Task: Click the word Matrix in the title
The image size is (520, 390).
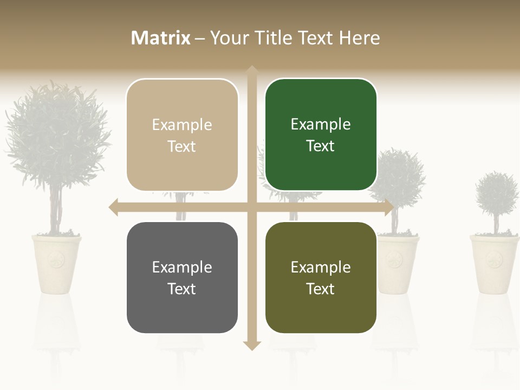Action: [x=160, y=38]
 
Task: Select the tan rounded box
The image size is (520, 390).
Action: [x=182, y=135]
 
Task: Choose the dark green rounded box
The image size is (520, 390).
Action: [x=321, y=135]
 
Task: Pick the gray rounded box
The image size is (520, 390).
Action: [x=182, y=277]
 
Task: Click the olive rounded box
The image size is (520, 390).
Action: [x=321, y=277]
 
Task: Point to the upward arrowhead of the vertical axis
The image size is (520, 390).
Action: [x=252, y=70]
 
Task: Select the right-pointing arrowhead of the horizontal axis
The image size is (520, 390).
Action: [x=389, y=207]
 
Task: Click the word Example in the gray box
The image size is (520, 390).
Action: [x=182, y=267]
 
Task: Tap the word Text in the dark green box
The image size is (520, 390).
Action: [x=321, y=146]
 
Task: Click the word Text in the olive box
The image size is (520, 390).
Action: [x=321, y=289]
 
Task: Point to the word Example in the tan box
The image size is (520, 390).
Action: [x=182, y=125]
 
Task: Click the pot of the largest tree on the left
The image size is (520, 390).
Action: [x=56, y=263]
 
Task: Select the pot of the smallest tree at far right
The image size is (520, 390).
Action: [x=494, y=263]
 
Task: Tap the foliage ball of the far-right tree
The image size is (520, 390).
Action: [x=497, y=195]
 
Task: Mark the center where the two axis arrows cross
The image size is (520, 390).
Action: [x=252, y=207]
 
